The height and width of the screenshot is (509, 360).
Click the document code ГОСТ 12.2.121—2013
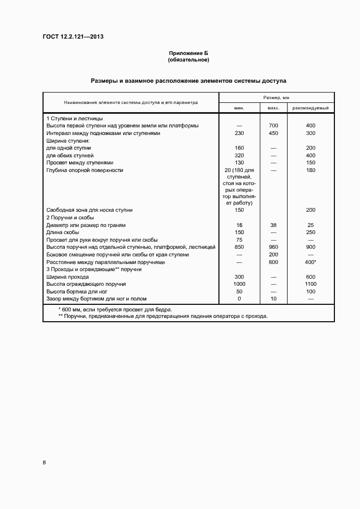[x=73, y=37]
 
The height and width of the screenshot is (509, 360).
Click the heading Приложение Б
[x=188, y=53]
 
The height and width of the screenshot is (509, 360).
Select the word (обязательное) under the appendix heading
[x=188, y=59]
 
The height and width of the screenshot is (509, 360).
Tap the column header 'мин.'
[x=239, y=108]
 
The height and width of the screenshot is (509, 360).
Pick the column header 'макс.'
[x=273, y=108]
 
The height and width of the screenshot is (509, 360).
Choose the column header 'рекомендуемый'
[x=310, y=108]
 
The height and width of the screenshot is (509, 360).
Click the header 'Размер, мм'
[x=277, y=97]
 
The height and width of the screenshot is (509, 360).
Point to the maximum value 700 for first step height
[x=273, y=126]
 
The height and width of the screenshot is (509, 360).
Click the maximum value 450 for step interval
[x=273, y=133]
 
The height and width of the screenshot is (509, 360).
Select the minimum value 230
[x=239, y=133]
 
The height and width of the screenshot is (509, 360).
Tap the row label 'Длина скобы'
[x=64, y=232]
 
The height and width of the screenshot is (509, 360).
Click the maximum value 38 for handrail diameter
[x=273, y=225]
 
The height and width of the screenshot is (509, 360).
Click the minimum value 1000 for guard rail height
[x=239, y=284]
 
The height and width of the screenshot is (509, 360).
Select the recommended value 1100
[x=311, y=284]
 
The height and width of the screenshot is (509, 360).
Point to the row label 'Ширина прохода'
[x=68, y=277]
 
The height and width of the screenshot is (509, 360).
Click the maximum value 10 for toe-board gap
[x=273, y=299]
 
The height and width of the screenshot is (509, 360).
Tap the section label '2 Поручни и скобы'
[x=71, y=217]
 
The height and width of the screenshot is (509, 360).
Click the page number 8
[x=44, y=463]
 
